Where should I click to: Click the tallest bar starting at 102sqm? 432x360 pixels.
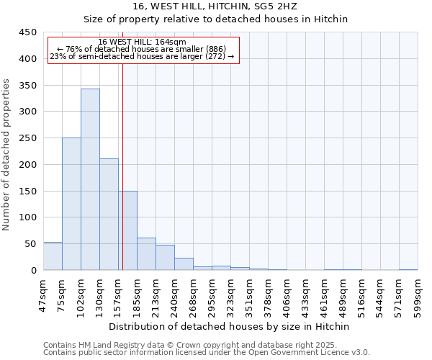coord(90,179)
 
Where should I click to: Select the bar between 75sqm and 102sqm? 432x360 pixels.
coord(71,204)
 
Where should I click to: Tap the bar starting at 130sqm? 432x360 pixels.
coord(109,215)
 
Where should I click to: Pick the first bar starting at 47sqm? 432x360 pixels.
coord(53,256)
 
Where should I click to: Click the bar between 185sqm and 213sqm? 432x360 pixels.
coord(146,254)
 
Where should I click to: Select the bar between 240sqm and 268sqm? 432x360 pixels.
coord(184,264)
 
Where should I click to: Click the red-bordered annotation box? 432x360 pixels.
coord(143,50)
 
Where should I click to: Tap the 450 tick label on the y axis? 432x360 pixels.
coord(28,32)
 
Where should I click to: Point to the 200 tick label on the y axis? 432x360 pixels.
coord(28,165)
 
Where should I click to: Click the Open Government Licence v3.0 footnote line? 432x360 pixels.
coord(206,353)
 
